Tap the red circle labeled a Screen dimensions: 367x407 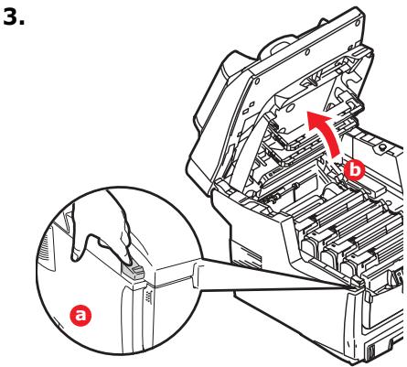click(x=82, y=314)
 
